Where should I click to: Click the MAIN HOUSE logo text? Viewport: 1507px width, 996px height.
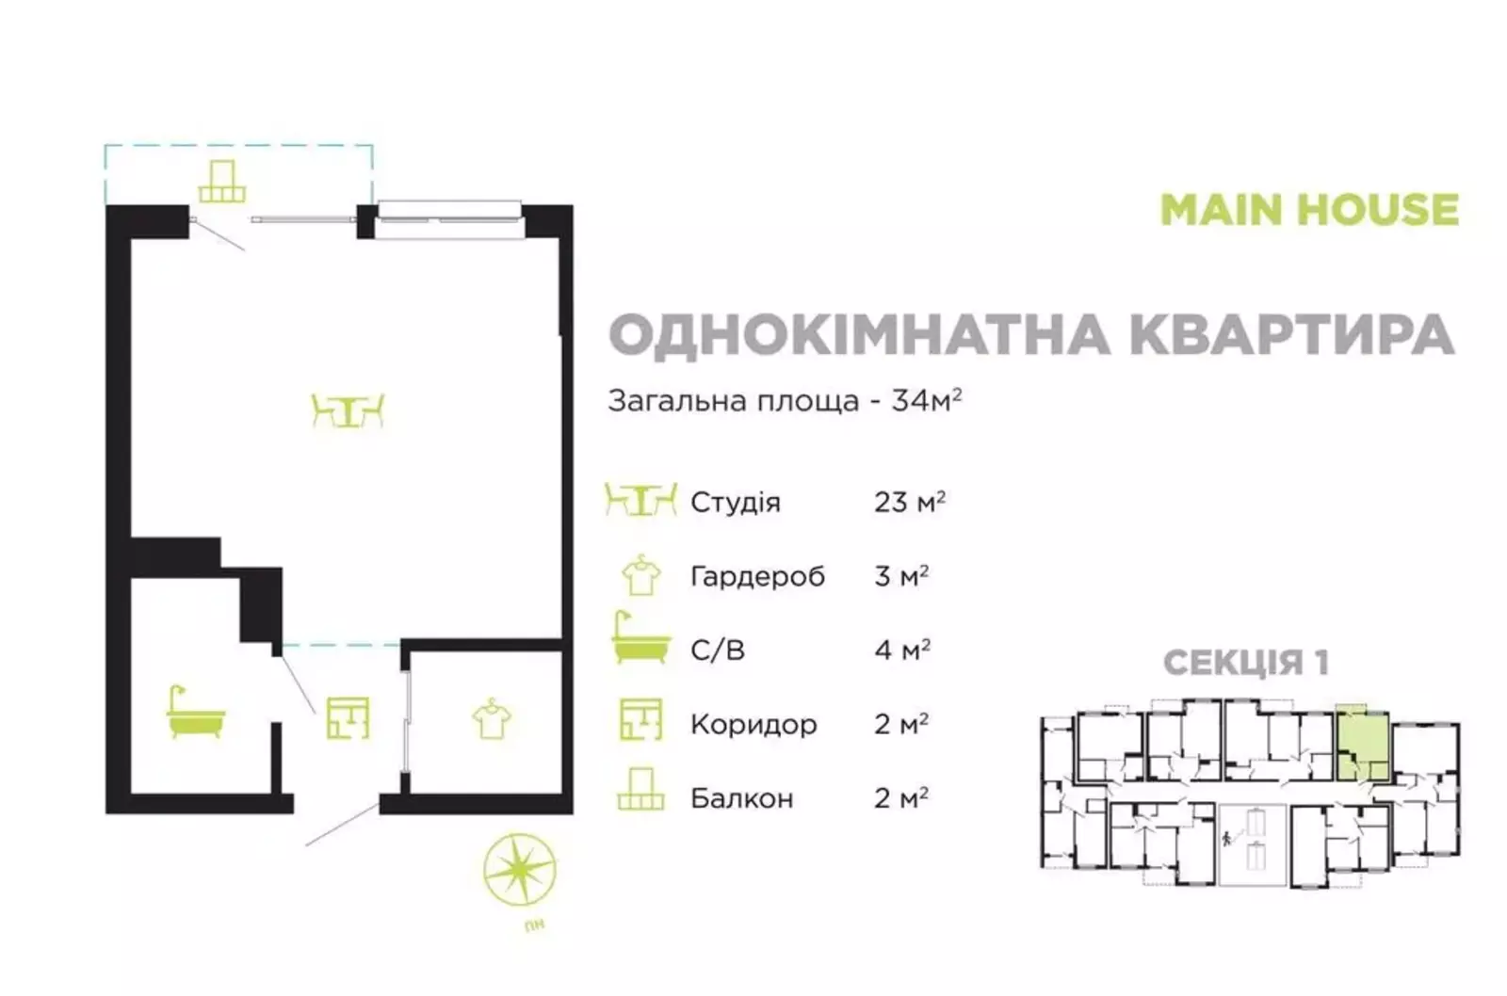1309,210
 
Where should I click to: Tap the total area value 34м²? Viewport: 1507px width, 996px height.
927,401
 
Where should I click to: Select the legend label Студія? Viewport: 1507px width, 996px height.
736,503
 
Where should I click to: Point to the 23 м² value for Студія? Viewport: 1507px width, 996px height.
910,502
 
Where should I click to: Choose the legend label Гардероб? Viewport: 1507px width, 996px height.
757,577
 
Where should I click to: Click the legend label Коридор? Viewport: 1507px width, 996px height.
753,724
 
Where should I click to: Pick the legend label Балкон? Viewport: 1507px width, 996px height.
742,798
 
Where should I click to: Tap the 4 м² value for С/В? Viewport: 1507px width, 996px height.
902,650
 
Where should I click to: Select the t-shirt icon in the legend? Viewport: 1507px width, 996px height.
641,575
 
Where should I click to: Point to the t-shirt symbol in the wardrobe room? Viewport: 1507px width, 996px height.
492,719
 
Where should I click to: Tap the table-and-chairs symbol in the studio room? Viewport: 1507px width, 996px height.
348,410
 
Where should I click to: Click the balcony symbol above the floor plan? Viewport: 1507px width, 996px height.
222,181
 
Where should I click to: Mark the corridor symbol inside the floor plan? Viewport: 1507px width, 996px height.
348,718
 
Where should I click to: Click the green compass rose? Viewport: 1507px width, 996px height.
519,870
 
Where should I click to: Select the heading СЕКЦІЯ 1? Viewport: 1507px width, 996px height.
1246,663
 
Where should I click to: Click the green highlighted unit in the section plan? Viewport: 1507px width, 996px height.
1362,746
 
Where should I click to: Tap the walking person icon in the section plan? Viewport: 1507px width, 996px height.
1226,839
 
